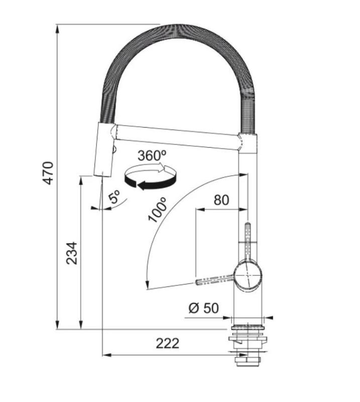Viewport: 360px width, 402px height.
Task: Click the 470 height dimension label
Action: pyautogui.click(x=48, y=172)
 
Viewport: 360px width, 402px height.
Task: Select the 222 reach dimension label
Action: pyautogui.click(x=167, y=343)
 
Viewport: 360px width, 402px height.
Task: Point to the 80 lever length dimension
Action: pyautogui.click(x=221, y=200)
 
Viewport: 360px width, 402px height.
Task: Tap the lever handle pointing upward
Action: pyautogui.click(x=248, y=236)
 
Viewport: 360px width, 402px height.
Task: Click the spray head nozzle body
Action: pyautogui.click(x=103, y=151)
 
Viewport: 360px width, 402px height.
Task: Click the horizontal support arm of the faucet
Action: pyautogui.click(x=176, y=136)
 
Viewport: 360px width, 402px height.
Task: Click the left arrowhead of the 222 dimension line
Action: pyautogui.click(x=105, y=355)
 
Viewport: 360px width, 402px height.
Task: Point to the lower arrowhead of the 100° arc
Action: pyautogui.click(x=147, y=287)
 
